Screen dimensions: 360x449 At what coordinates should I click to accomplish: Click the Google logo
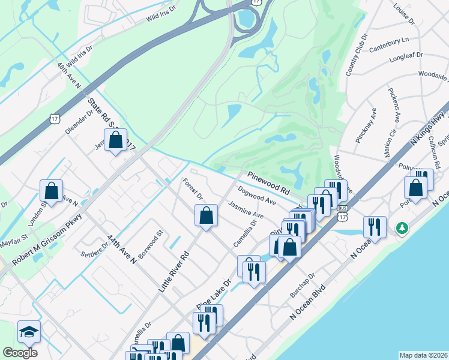coord(19,353)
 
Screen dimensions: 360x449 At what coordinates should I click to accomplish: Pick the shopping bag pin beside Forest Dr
coord(206,215)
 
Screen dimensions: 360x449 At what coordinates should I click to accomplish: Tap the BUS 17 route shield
coord(342,208)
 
